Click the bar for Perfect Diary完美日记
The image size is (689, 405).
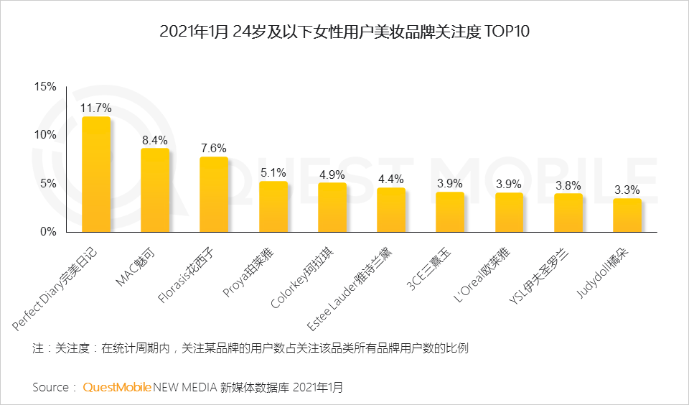pyautogui.click(x=95, y=174)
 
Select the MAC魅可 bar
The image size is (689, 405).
pyautogui.click(x=154, y=190)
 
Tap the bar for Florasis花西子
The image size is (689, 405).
pyautogui.click(x=213, y=195)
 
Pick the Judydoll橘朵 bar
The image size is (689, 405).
pyautogui.click(x=627, y=215)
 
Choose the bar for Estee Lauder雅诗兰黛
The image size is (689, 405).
pyautogui.click(x=390, y=210)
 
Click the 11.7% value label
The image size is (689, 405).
pyautogui.click(x=95, y=108)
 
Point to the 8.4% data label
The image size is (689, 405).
pyautogui.click(x=154, y=140)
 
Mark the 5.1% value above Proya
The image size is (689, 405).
pyautogui.click(x=273, y=172)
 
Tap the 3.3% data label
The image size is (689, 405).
pyautogui.click(x=627, y=190)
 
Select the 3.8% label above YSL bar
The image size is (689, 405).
pyautogui.click(x=568, y=185)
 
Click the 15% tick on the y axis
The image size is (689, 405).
pyautogui.click(x=45, y=87)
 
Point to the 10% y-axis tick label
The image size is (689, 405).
pyautogui.click(x=45, y=135)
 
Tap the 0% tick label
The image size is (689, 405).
pyautogui.click(x=48, y=232)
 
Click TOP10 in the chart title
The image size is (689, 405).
pyautogui.click(x=507, y=32)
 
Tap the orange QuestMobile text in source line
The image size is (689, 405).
pyautogui.click(x=117, y=387)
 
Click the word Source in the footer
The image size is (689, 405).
pyautogui.click(x=51, y=387)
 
